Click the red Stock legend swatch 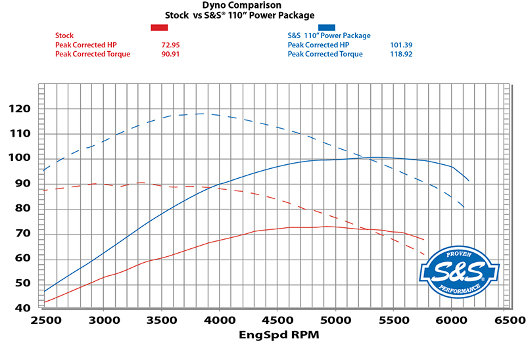click(x=160, y=27)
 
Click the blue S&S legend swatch click(x=326, y=27)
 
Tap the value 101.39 click(x=403, y=45)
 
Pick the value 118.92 click(x=403, y=54)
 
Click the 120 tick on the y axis click(x=22, y=109)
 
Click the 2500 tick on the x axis click(x=45, y=321)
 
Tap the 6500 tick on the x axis click(x=510, y=321)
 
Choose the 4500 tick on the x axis click(x=277, y=321)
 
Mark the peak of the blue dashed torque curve click(x=201, y=114)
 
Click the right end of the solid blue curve click(x=469, y=180)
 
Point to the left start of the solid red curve click(x=45, y=302)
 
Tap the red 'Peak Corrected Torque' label click(x=93, y=54)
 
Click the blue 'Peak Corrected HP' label click(x=318, y=45)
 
